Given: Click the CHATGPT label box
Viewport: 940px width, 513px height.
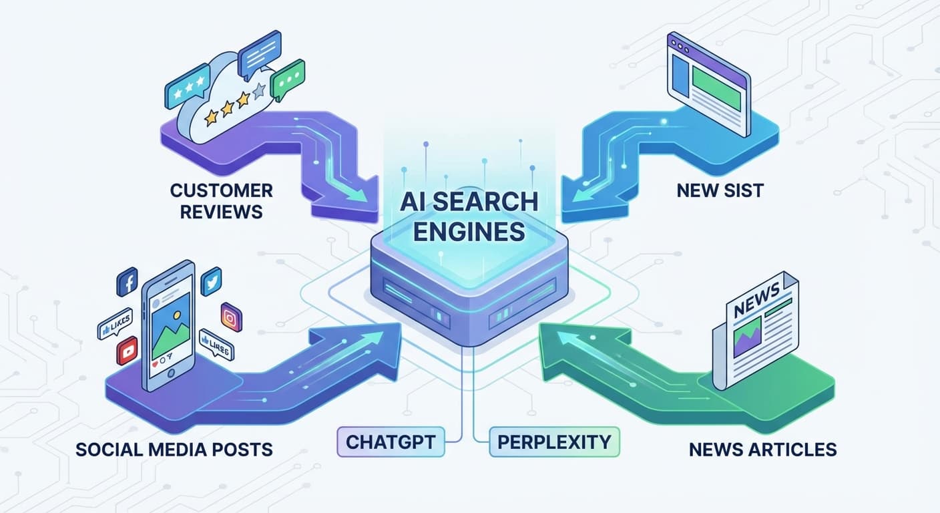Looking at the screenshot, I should tap(391, 442).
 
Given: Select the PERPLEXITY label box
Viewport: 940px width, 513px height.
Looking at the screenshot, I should tap(553, 442).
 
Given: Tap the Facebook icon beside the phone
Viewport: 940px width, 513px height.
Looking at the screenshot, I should tap(127, 282).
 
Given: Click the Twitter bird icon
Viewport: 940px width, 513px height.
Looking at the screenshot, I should tap(210, 281).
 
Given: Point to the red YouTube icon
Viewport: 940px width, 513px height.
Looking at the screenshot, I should tap(127, 350).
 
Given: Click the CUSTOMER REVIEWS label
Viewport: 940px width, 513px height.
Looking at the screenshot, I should tap(221, 201).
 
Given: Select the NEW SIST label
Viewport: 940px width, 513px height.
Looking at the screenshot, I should tap(720, 190).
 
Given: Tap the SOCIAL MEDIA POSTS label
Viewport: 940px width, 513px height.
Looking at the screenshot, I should tap(174, 449).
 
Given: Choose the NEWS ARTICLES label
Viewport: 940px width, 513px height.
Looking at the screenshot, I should tap(762, 449).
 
